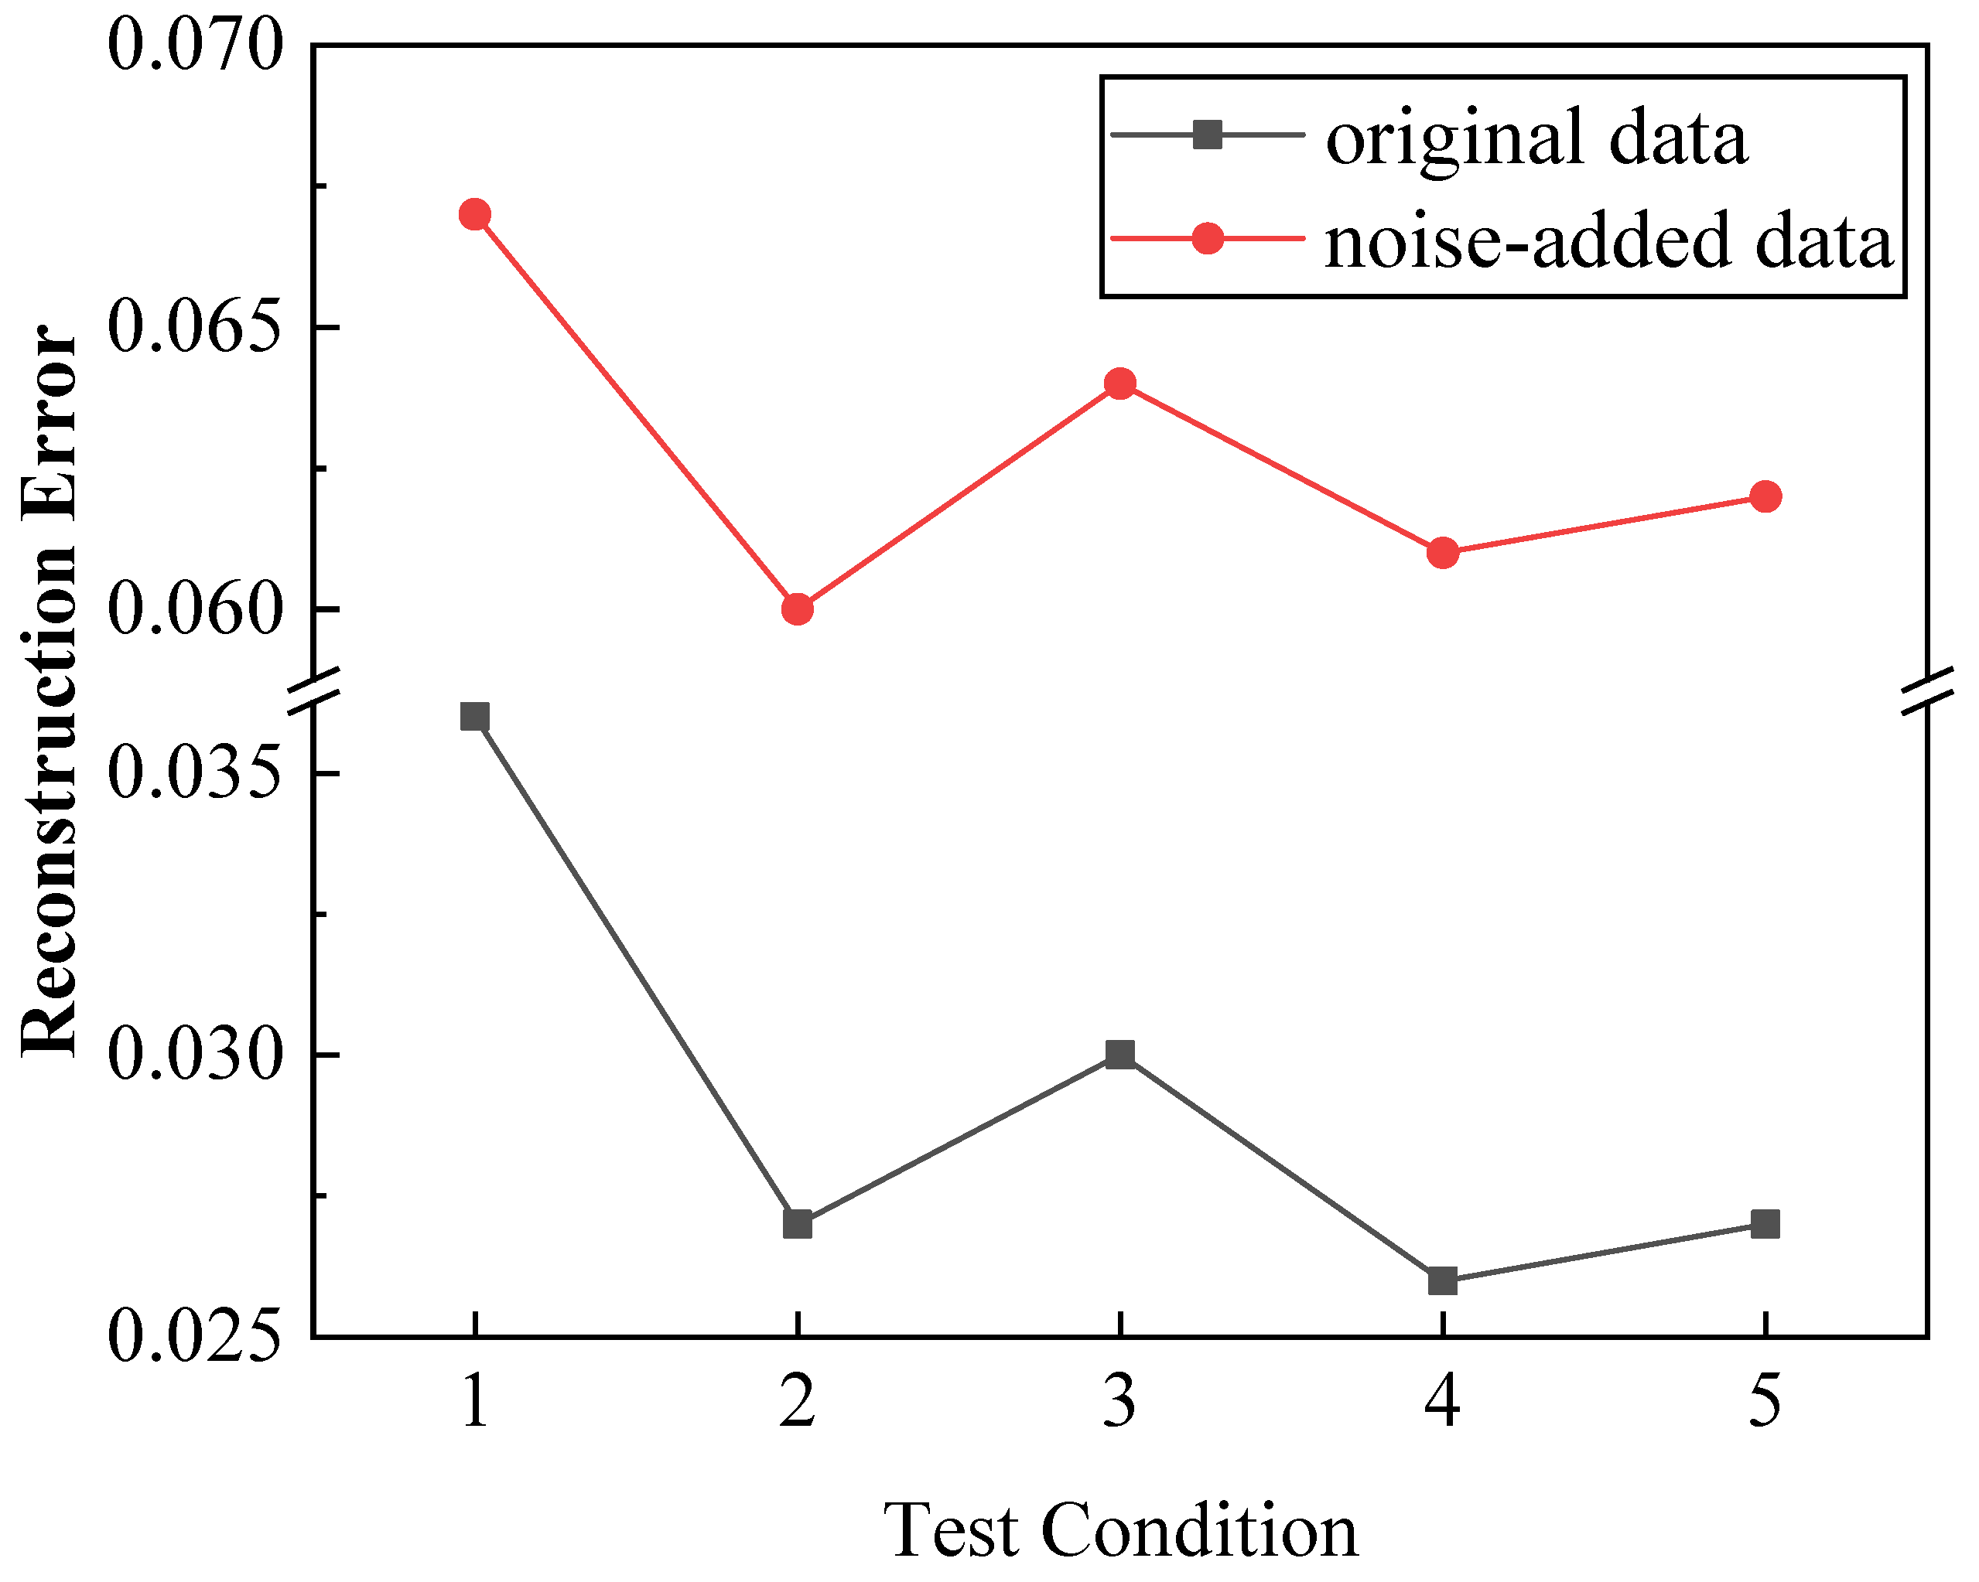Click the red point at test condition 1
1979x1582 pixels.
[x=474, y=215]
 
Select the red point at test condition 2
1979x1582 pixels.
[x=798, y=609]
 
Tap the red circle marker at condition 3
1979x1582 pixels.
[x=1119, y=384]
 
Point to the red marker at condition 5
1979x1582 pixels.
[x=1765, y=496]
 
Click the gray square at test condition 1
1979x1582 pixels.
[x=474, y=717]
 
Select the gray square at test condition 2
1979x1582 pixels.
[x=798, y=1224]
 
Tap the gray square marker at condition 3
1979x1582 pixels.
[x=1119, y=1055]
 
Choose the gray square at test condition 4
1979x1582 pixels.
[x=1443, y=1280]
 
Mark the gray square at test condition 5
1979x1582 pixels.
[x=1765, y=1224]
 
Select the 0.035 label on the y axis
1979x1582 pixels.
[x=193, y=772]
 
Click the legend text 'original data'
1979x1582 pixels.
[x=1536, y=138]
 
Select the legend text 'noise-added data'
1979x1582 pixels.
[x=1609, y=240]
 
